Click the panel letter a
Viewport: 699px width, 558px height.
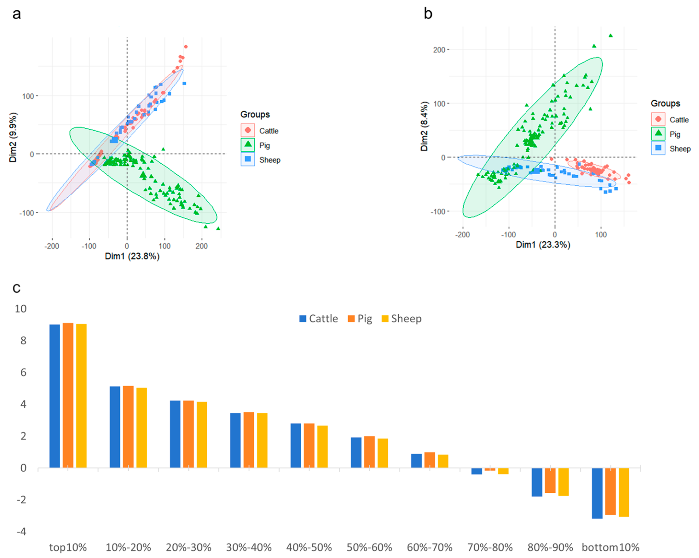17,15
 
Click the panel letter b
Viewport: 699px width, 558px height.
428,14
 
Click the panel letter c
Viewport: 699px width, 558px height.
16,288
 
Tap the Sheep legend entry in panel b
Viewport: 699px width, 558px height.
671,149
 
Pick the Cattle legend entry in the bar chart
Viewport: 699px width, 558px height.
318,319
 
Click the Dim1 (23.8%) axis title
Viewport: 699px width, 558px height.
132,256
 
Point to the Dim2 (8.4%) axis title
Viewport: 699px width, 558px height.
424,126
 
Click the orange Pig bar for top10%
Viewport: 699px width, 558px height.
68,395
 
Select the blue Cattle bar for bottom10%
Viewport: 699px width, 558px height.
597,493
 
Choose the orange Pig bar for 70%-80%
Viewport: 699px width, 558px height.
490,469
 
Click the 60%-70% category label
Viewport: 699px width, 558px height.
430,547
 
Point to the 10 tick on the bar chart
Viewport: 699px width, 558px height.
21,309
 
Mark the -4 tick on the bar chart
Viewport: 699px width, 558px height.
21,531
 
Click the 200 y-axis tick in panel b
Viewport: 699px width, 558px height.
439,50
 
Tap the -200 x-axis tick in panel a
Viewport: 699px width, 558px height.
52,246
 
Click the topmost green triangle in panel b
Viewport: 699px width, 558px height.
611,36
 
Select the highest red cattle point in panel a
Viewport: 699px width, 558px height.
186,47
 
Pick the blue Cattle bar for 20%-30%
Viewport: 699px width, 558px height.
175,434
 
